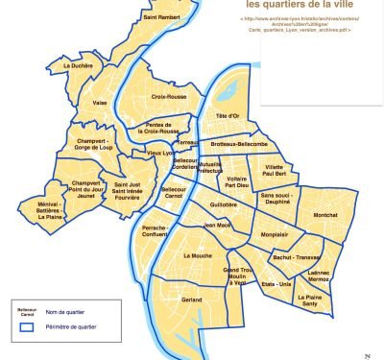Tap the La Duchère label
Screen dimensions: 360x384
click(78, 65)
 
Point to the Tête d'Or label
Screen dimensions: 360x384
click(228, 116)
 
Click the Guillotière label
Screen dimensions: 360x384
click(223, 204)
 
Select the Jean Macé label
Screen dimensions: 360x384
click(217, 226)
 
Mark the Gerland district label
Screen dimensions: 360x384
click(192, 300)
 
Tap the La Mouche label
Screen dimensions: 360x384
click(198, 257)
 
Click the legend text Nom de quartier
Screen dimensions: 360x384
click(77, 313)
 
